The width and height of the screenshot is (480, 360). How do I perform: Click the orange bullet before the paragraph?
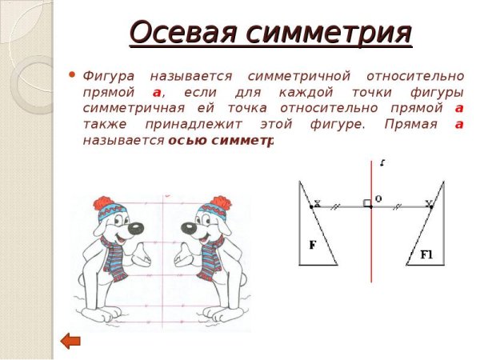(74, 76)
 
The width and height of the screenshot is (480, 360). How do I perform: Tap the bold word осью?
(186, 140)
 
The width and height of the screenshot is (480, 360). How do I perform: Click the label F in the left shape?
(313, 246)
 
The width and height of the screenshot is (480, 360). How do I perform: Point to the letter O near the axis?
(378, 198)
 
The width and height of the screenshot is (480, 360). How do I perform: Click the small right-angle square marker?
(367, 204)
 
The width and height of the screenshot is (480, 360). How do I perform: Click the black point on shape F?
(312, 207)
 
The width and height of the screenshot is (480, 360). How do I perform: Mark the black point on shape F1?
(431, 207)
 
